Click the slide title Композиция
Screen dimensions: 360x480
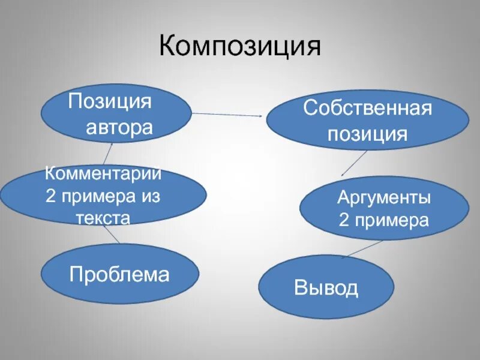(x=240, y=47)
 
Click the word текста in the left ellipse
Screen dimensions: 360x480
(x=103, y=218)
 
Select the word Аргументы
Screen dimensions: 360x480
(x=383, y=197)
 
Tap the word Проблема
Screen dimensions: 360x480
(x=119, y=275)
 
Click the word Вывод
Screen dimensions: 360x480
(x=326, y=288)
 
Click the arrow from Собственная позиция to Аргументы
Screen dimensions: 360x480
(x=355, y=162)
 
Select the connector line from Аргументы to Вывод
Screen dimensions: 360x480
(x=362, y=248)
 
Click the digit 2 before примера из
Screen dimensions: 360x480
(x=51, y=196)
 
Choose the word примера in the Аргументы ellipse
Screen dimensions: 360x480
(x=391, y=220)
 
